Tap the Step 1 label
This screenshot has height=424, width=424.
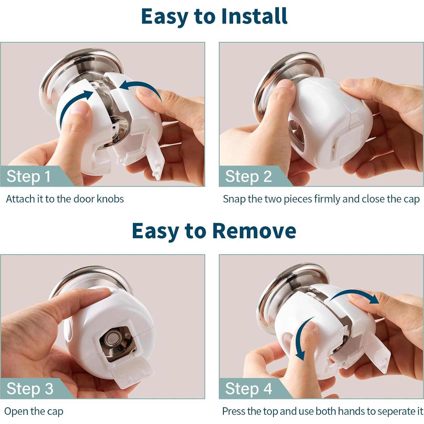click(x=29, y=176)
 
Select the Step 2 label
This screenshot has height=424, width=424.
click(x=248, y=176)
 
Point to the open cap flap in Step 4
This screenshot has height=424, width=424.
click(x=377, y=351)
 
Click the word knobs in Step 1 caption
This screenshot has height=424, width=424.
click(x=110, y=199)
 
